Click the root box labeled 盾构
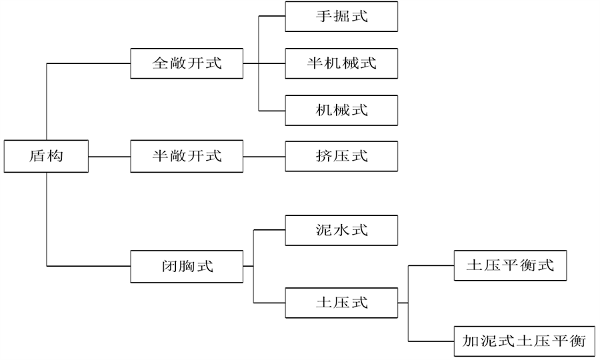point(47,157)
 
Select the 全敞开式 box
point(187,63)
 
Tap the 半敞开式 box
point(187,157)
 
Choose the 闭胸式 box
point(187,266)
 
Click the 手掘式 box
point(341,17)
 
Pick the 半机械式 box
point(341,63)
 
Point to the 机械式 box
point(341,110)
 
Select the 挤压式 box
point(341,157)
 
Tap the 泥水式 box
point(341,231)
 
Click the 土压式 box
point(341,302)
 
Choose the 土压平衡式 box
point(510,266)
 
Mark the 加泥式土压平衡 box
point(523,341)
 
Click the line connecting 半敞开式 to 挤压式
point(264,157)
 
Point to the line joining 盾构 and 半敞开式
point(110,157)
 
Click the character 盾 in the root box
point(37,157)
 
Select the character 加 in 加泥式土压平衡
point(470,341)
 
